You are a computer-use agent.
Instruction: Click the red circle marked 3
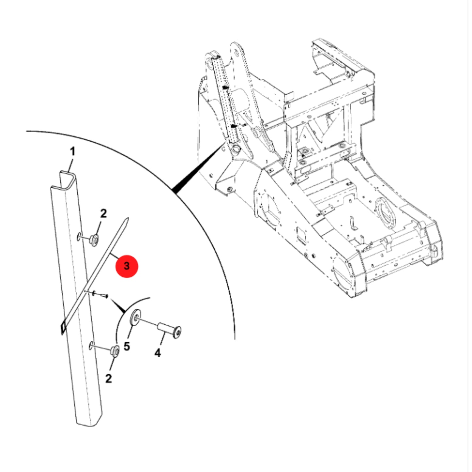tap(127, 266)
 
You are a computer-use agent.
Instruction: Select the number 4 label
tap(158, 353)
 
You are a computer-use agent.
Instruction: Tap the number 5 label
tap(127, 346)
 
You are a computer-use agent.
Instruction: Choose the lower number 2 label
tap(108, 379)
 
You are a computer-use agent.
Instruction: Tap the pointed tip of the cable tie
tap(128, 218)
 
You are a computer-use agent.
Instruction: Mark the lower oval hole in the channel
tap(91, 345)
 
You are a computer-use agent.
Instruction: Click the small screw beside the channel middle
tap(100, 295)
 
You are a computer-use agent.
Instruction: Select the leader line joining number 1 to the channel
tap(71, 166)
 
